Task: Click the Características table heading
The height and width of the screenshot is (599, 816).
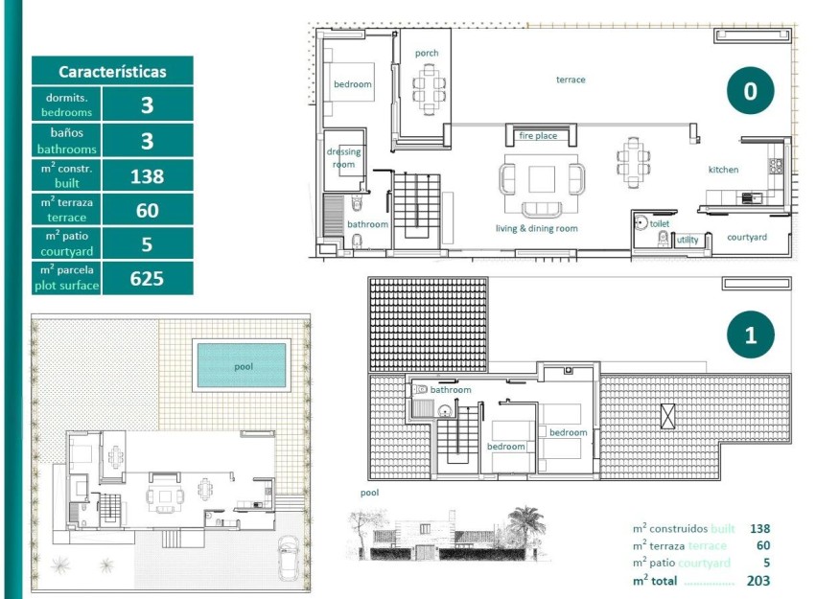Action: (112, 71)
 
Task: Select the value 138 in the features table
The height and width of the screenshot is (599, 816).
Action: (147, 176)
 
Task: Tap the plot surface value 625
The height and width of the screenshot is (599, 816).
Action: (147, 279)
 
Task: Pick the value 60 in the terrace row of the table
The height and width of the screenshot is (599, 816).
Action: (147, 211)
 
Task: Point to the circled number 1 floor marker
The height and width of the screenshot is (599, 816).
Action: (750, 335)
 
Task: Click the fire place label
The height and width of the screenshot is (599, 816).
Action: (538, 136)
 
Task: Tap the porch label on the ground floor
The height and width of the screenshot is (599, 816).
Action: (427, 53)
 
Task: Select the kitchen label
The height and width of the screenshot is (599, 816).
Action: (723, 170)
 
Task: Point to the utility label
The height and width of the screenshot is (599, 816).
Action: (688, 240)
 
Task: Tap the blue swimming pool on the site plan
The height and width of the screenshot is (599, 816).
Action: (242, 366)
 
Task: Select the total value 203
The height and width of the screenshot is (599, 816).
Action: (759, 581)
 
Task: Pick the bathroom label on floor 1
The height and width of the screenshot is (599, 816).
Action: (451, 390)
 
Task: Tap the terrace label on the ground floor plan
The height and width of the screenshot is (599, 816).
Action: (571, 80)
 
